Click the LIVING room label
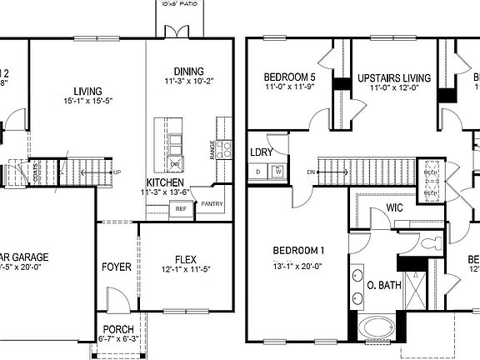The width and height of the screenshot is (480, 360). (x=87, y=91)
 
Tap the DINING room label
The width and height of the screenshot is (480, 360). (x=189, y=71)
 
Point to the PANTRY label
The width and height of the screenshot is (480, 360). (x=212, y=202)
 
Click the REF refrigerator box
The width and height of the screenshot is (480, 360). (x=180, y=209)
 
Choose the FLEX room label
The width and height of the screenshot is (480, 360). (x=185, y=258)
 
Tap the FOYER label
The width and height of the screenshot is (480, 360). (x=117, y=267)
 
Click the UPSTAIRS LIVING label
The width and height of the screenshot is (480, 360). (x=394, y=78)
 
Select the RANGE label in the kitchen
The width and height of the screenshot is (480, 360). (x=213, y=150)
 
